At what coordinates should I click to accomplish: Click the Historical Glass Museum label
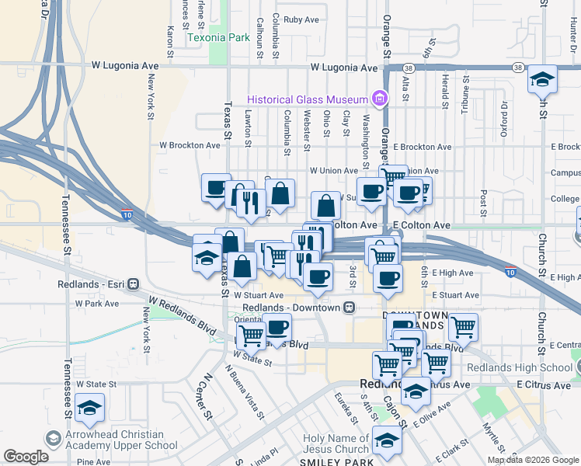click(x=308, y=99)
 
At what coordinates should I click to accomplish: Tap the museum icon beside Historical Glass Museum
click(x=380, y=99)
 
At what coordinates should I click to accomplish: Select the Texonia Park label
click(x=218, y=37)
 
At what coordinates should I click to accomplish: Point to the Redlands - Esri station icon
click(x=133, y=284)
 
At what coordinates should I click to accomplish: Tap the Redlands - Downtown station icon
click(x=350, y=307)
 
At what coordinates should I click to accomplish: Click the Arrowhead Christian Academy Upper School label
click(x=115, y=440)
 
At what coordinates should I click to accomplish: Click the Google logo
click(x=26, y=456)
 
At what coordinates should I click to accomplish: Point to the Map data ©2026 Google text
click(x=533, y=460)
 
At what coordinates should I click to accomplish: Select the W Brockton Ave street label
click(x=190, y=145)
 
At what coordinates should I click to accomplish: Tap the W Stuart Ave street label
click(x=259, y=296)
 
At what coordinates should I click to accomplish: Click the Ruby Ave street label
click(x=302, y=19)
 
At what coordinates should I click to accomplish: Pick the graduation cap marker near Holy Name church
click(x=386, y=440)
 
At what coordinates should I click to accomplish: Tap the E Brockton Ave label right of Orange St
click(x=422, y=147)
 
